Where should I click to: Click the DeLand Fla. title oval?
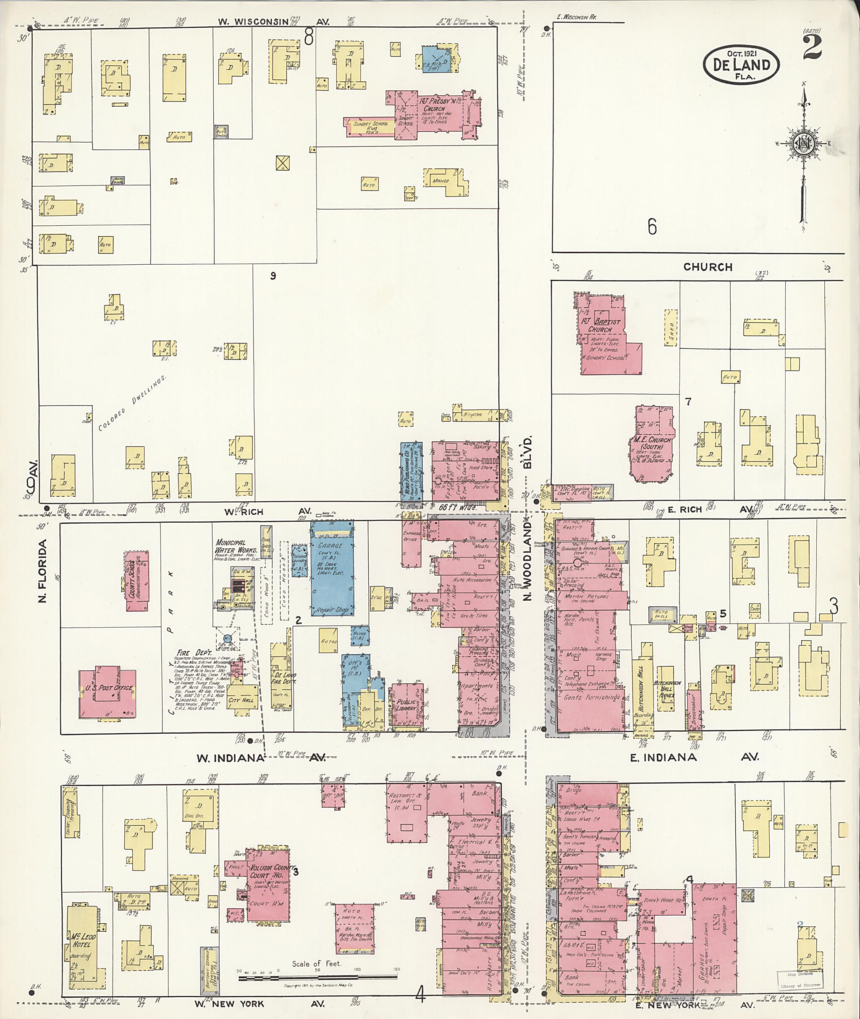(x=741, y=65)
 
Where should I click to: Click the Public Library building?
(x=406, y=705)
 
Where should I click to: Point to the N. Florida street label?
(x=42, y=571)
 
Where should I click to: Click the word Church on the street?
(x=708, y=267)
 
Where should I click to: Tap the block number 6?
(x=652, y=227)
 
